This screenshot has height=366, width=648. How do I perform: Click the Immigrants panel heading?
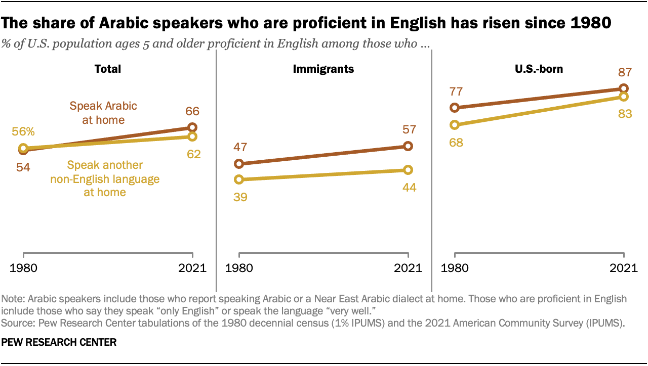click(323, 69)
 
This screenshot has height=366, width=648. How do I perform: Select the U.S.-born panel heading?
click(539, 69)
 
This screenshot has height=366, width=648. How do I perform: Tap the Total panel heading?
click(108, 69)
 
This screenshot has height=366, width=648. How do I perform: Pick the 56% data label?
click(23, 131)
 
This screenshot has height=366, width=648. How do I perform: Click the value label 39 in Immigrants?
click(240, 197)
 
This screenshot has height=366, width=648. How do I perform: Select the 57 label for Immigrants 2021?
click(409, 130)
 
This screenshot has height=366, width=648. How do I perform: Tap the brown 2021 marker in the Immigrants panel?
click(409, 146)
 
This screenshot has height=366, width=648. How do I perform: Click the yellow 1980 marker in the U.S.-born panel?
click(455, 125)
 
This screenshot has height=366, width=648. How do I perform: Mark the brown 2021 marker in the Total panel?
click(192, 127)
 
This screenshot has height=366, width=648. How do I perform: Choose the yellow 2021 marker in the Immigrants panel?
click(409, 170)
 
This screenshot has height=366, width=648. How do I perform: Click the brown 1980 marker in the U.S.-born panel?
click(455, 108)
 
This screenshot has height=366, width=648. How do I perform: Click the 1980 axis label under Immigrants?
click(239, 268)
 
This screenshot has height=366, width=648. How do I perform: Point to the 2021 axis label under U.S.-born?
click(624, 268)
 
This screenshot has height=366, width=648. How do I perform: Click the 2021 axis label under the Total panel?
click(192, 268)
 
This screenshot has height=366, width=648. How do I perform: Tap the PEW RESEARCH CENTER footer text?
click(59, 342)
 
